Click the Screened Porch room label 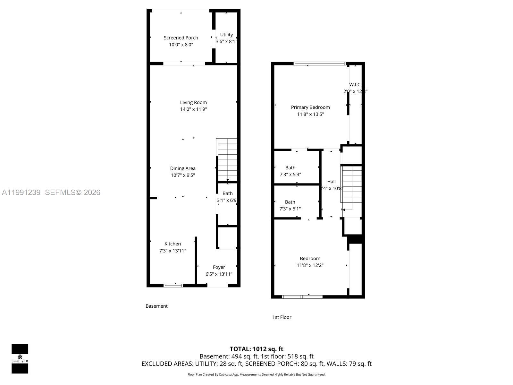tap(181, 38)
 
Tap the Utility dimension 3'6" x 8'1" tap(226, 41)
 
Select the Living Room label tap(193, 102)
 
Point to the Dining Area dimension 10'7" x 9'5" tap(183, 175)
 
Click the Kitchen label tap(172, 244)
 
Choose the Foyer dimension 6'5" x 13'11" tap(219, 274)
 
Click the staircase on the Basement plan tap(227, 160)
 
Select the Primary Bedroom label tap(310, 107)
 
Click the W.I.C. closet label tap(355, 85)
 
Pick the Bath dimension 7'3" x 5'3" tap(290, 175)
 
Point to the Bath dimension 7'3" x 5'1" tap(290, 209)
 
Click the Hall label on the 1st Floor tap(331, 182)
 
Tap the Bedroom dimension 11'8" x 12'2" tap(310, 265)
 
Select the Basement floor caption tap(156, 306)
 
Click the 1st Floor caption tap(282, 317)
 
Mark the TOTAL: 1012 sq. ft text tap(256, 349)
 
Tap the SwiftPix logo tap(20, 359)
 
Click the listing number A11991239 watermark tap(21, 193)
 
